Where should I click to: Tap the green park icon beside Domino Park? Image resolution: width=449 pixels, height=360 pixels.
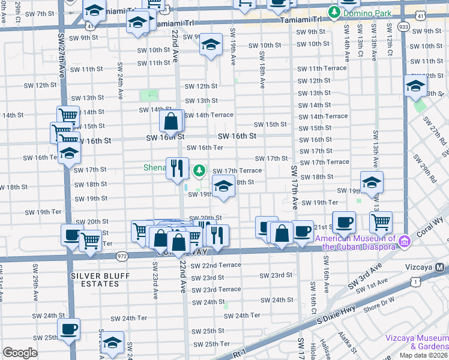point(334,11)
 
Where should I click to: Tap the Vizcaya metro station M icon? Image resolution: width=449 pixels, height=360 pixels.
point(441,268)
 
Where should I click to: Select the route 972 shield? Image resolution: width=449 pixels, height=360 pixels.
point(122,255)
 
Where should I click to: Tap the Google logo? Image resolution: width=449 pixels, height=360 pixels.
point(20,352)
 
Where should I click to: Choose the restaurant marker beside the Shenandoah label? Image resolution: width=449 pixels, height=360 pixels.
point(176,168)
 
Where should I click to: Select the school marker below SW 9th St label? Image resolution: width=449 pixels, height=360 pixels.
point(211,45)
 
